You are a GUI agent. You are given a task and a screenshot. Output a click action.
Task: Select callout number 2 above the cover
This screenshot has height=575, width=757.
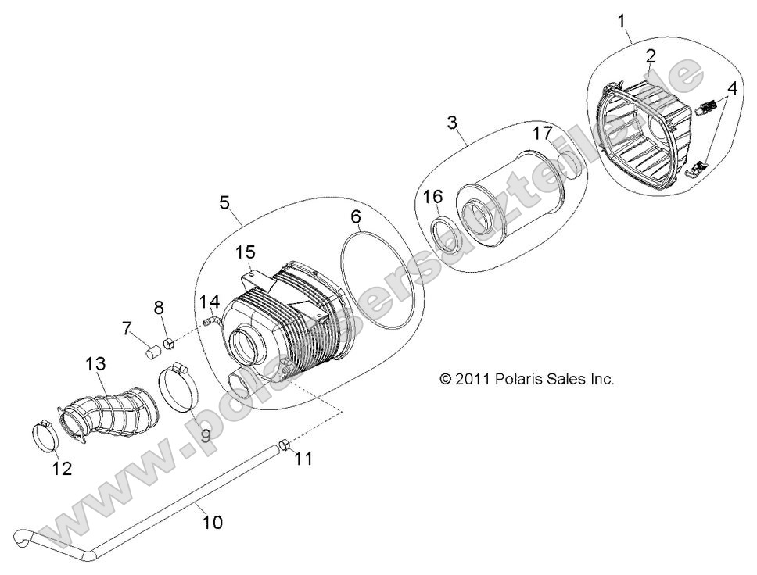[x=651, y=55]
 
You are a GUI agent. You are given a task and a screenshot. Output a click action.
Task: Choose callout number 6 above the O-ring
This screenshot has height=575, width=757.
[x=356, y=216]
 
